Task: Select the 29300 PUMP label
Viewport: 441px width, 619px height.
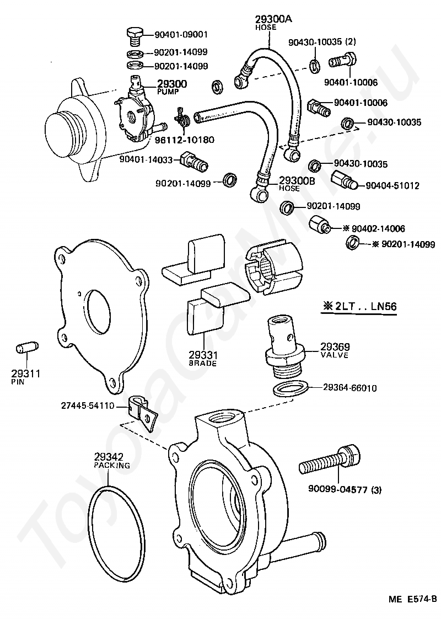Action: click(172, 86)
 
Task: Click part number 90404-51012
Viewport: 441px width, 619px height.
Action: click(392, 185)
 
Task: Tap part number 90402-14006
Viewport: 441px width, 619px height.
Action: click(378, 228)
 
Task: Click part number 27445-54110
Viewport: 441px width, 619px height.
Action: click(88, 406)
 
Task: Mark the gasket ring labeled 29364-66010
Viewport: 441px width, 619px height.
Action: click(291, 388)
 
